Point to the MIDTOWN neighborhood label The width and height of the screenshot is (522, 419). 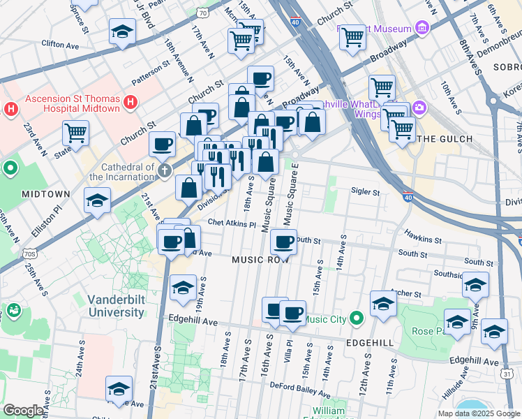coord(45,193)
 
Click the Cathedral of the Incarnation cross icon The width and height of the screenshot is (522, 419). coord(164,172)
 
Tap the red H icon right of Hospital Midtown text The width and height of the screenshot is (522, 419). coord(129,104)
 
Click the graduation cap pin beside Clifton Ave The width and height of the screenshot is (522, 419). coord(122,31)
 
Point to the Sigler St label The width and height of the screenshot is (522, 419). coord(365,191)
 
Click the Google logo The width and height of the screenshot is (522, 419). coord(24,411)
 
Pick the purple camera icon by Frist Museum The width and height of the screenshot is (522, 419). coord(422,29)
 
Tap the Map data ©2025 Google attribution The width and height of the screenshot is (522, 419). coord(478,413)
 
